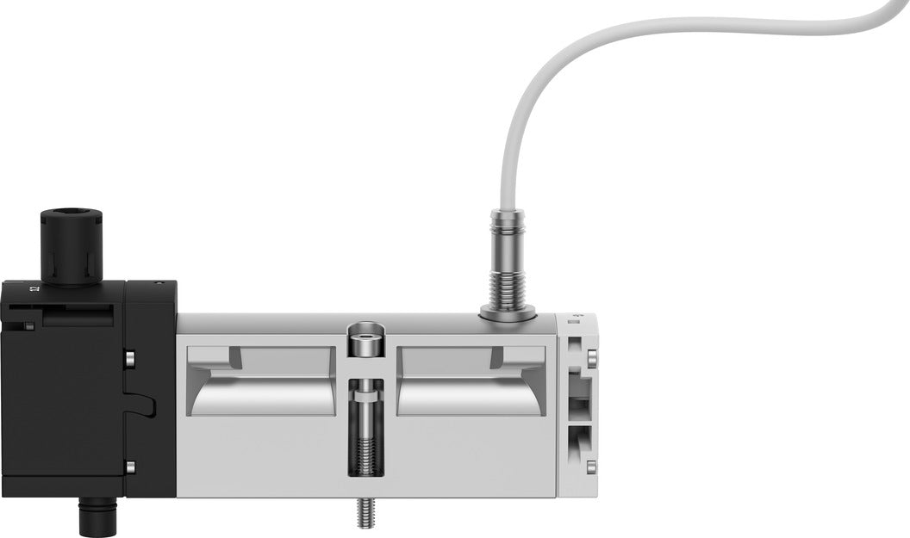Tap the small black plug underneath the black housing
click(90, 516)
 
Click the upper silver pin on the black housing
click(129, 356)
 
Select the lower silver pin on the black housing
click(129, 467)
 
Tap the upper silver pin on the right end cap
click(591, 357)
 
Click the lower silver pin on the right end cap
click(591, 467)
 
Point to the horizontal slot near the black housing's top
click(78, 318)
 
